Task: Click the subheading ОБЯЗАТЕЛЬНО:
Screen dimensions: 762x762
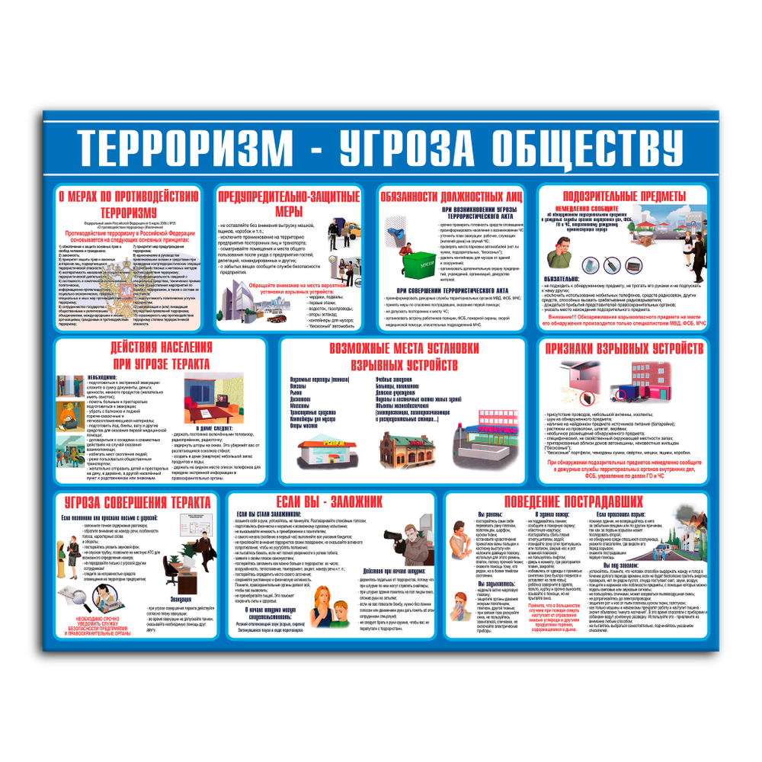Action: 563,279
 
